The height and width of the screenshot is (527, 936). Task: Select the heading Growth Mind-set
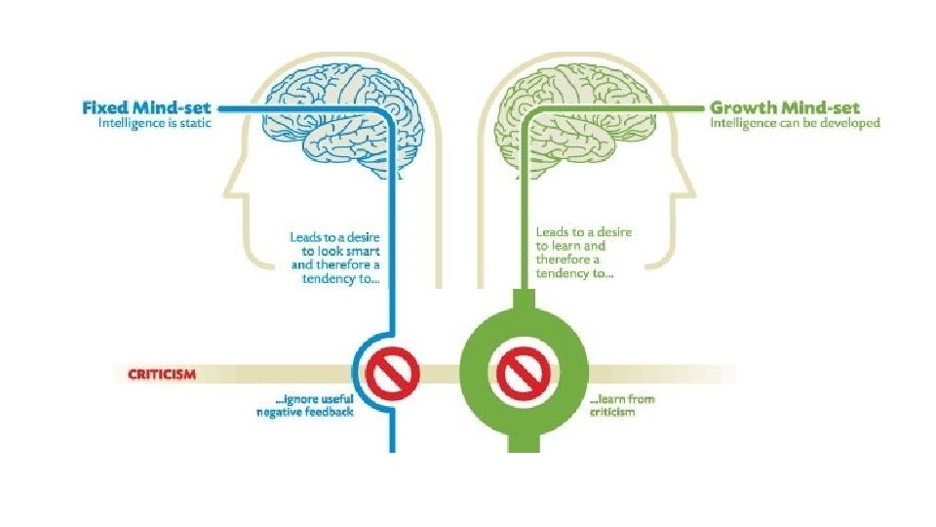pyautogui.click(x=794, y=107)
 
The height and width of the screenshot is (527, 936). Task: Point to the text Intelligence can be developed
pyautogui.click(x=795, y=124)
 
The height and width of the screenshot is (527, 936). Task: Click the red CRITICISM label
pyautogui.click(x=162, y=374)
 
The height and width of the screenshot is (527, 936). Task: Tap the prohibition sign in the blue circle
pyautogui.click(x=394, y=371)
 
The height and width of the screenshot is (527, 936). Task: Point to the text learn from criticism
pyautogui.click(x=612, y=406)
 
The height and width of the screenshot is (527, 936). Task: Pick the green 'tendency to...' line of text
pyautogui.click(x=575, y=274)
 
